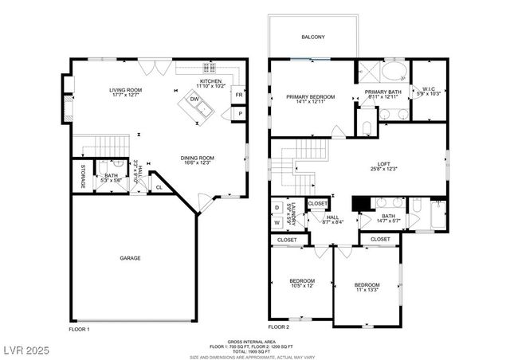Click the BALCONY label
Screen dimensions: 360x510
(x=313, y=37)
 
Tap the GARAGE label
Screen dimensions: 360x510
(x=131, y=258)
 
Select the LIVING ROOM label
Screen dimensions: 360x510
(x=126, y=90)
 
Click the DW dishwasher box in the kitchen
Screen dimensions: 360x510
(x=194, y=100)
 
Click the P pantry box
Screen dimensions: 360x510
(x=239, y=115)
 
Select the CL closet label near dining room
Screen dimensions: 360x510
(x=159, y=188)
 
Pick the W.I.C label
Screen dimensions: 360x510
(x=430, y=91)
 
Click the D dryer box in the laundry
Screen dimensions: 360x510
(x=277, y=207)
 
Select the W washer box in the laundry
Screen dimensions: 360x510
(x=277, y=222)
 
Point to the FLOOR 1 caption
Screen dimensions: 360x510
(x=79, y=328)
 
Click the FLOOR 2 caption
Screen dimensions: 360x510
(x=279, y=327)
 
